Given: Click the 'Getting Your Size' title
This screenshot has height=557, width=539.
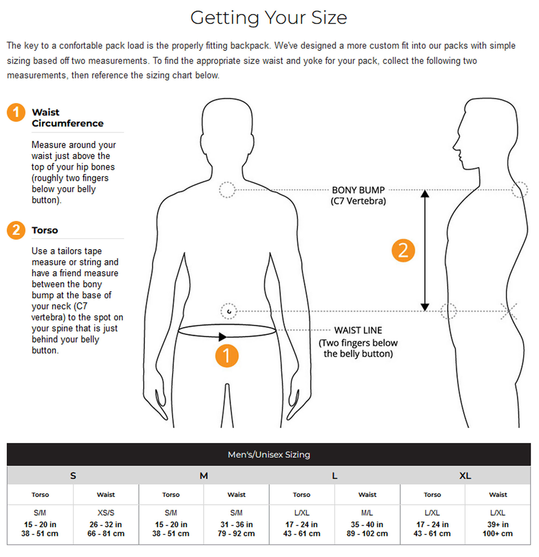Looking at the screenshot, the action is (268, 18).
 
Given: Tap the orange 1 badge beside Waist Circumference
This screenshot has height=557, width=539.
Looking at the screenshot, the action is (16, 113).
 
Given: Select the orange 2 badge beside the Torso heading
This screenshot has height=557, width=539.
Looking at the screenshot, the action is (16, 230).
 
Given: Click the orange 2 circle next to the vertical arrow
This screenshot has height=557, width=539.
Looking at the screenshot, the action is (403, 251).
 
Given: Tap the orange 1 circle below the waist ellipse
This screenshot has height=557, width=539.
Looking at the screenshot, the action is (227, 356).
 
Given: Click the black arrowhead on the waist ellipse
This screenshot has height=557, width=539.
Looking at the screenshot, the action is (222, 337).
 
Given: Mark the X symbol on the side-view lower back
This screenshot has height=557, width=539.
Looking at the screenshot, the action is (509, 311).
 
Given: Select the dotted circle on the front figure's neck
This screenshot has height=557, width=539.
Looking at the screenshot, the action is (227, 190).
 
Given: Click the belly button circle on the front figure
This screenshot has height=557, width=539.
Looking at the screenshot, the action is (228, 311).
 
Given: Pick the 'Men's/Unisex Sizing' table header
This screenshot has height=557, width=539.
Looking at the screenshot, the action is (269, 455).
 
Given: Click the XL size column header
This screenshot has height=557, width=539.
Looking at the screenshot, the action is (465, 476).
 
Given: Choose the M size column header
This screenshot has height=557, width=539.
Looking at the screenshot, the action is (204, 476).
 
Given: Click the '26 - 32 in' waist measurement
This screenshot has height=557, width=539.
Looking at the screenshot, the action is (106, 525).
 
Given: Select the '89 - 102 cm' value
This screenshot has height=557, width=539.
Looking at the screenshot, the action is (367, 534).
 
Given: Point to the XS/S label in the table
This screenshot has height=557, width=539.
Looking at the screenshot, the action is (106, 513).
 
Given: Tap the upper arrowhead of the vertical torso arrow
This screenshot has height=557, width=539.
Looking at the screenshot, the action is (425, 194).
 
